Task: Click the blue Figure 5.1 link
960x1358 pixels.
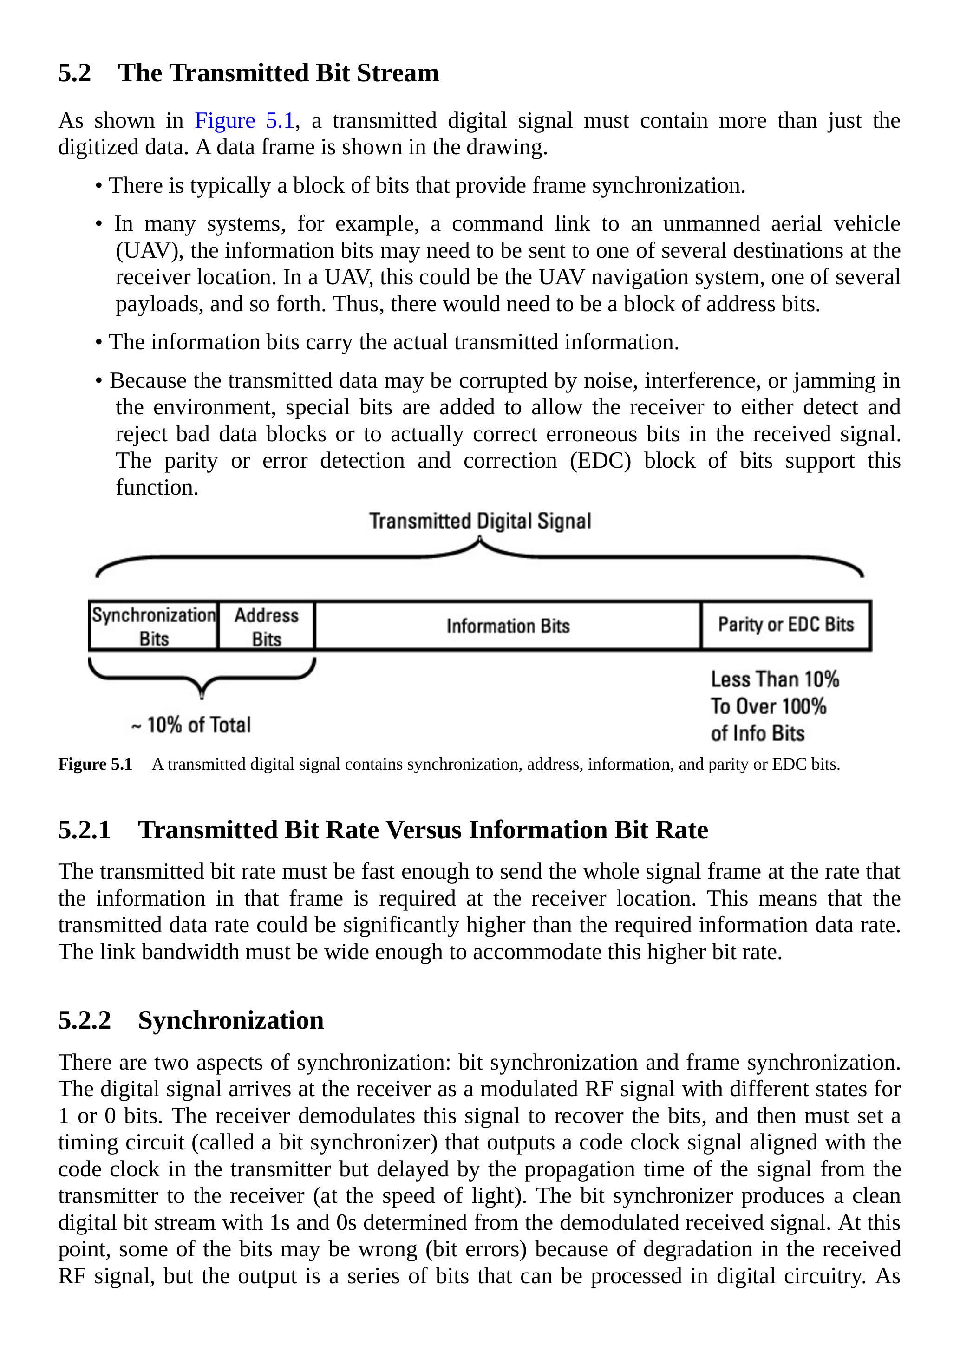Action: (244, 121)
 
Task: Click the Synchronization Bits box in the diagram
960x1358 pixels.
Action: (153, 626)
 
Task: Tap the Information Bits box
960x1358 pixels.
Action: (508, 626)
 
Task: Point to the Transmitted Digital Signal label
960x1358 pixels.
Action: (480, 521)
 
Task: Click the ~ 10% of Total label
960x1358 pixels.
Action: (191, 725)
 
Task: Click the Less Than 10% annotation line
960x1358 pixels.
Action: (775, 679)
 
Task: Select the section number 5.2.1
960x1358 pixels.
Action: (84, 830)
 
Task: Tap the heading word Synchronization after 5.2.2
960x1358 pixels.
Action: (231, 1020)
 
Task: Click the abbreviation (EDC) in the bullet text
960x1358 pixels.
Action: (600, 461)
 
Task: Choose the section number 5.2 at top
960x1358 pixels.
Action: (74, 73)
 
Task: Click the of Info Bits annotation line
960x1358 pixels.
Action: (758, 733)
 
